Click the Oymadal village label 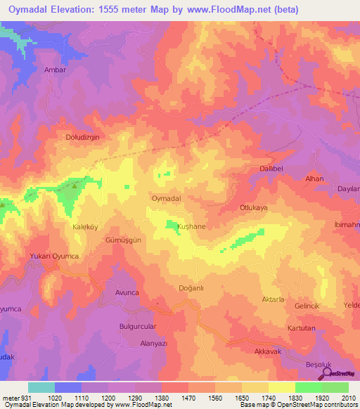[x=167, y=199]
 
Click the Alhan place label [x=314, y=179]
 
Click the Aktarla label [x=273, y=299]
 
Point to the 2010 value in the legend [x=348, y=398]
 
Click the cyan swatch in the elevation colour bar [x=41, y=387]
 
